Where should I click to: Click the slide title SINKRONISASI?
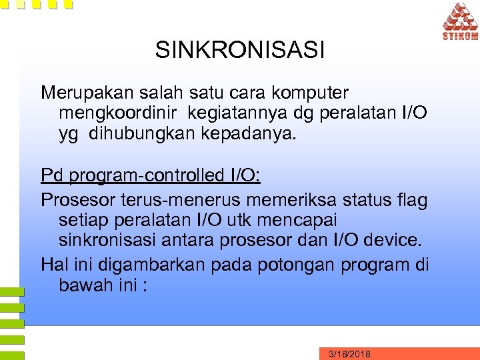pyautogui.click(x=240, y=50)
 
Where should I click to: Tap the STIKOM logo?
pyautogui.click(x=459, y=22)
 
